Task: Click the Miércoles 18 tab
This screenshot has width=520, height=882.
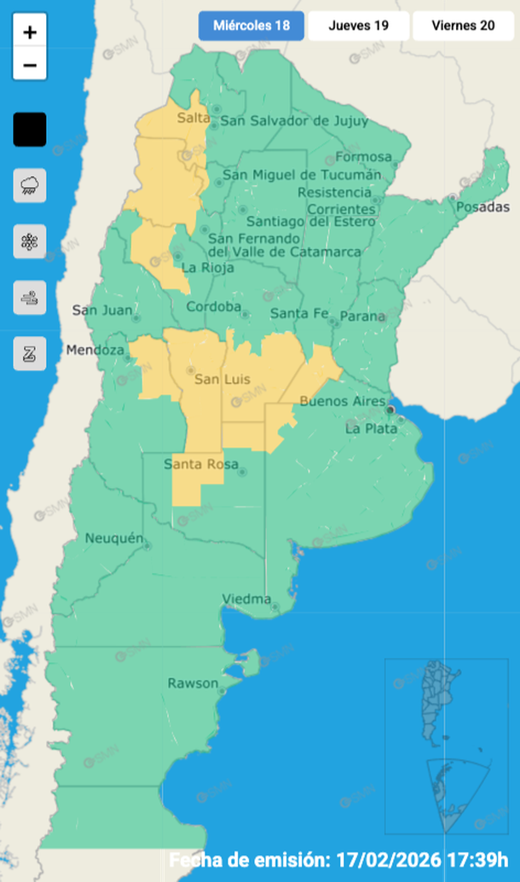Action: pos(251,26)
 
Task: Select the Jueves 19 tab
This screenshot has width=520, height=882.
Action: pos(358,26)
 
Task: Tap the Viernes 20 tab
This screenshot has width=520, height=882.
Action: pos(463,26)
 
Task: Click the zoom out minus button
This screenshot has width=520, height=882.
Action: pos(30,65)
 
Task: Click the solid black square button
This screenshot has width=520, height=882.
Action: pos(30,130)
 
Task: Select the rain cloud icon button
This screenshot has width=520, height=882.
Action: pos(30,185)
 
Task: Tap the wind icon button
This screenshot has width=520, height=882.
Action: pos(30,298)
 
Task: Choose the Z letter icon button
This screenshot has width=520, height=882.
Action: pos(30,354)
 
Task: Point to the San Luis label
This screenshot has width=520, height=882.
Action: pos(217,379)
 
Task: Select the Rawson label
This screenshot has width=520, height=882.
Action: pos(193,683)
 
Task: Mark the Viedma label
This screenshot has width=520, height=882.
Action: pos(246,600)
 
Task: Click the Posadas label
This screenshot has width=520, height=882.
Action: pos(482,207)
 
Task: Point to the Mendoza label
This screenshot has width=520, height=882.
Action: pos(93,350)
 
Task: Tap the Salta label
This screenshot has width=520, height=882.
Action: pos(193,118)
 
